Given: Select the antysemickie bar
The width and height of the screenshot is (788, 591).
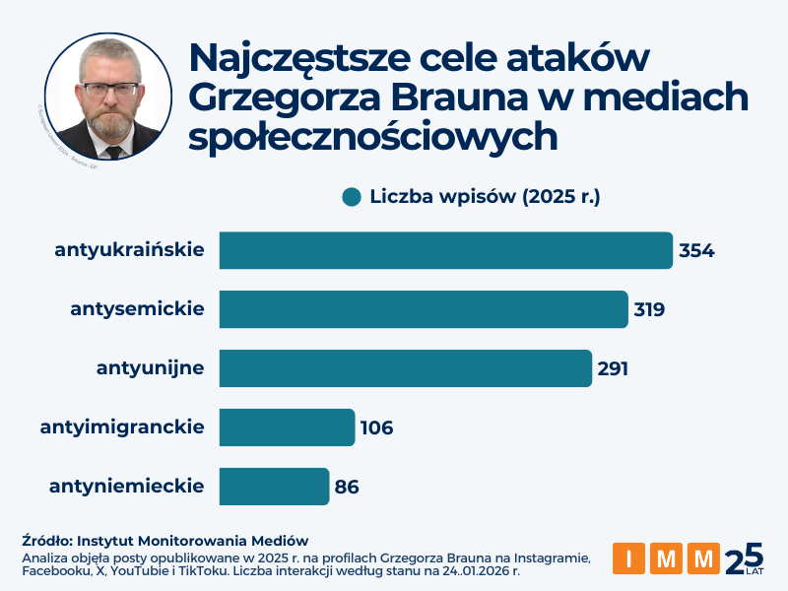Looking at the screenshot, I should pos(423,309).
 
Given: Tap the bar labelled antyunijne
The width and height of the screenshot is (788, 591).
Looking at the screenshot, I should pos(405,368).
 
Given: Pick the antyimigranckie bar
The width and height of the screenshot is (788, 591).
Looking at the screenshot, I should pos(287,427).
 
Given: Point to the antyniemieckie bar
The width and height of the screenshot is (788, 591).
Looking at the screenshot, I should pos(274,487).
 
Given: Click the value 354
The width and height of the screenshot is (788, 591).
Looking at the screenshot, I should pos(696,250).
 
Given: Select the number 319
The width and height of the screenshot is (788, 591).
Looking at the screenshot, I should pos(650,309).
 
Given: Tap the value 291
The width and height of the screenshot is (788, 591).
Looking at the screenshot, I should pos(613,368).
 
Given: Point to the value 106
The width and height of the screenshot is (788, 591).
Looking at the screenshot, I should pos(376,427).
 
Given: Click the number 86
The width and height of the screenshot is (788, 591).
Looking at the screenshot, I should pos(347,487).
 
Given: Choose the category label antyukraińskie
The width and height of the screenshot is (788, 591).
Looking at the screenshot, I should pos(130,250).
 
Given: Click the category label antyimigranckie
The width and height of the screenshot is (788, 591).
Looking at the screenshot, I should pos(122,427).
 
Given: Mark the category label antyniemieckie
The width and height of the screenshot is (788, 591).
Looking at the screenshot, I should pos(126,486).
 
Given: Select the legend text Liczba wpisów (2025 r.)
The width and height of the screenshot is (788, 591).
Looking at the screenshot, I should pos(486,196).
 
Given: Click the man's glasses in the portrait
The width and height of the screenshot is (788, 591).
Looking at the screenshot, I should pos(110,90).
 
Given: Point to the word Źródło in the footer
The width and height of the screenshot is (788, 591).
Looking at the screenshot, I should pos(46,541).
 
